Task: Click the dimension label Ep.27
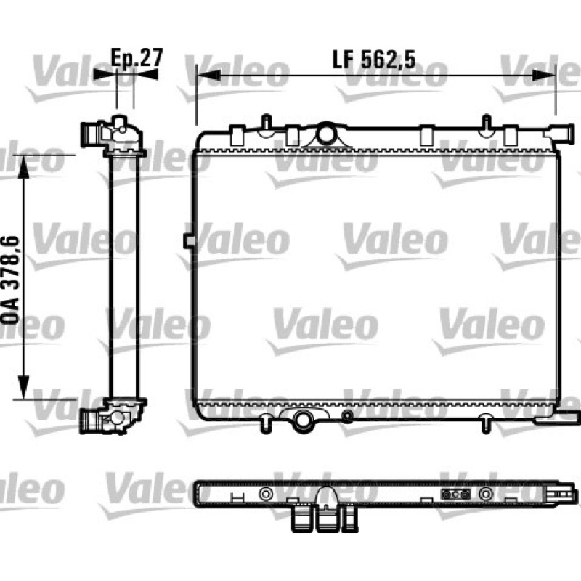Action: pyautogui.click(x=137, y=58)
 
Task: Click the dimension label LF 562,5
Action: pyautogui.click(x=374, y=60)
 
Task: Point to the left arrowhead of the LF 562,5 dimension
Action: pyautogui.click(x=208, y=76)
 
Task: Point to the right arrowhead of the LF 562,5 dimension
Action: pyautogui.click(x=544, y=76)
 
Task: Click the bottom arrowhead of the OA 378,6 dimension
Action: pyautogui.click(x=24, y=387)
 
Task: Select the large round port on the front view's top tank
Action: pyautogui.click(x=326, y=135)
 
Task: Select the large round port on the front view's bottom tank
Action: pyautogui.click(x=303, y=420)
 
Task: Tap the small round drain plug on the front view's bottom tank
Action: pyautogui.click(x=347, y=416)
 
